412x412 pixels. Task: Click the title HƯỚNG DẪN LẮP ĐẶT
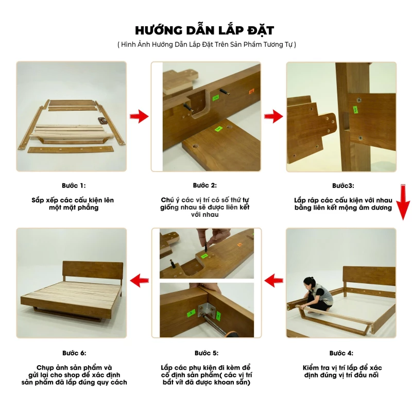[204, 30]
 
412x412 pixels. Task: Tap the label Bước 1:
[74, 186]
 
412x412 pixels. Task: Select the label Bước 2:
[205, 185]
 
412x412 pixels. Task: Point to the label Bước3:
[343, 186]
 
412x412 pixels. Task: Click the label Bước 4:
[341, 353]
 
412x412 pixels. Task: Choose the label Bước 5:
[207, 353]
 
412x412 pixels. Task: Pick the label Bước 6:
[74, 353]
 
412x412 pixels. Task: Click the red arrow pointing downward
[403, 202]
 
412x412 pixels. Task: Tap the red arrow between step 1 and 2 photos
[139, 116]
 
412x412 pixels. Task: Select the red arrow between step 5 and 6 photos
[139, 281]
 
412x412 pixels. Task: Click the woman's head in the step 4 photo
[310, 283]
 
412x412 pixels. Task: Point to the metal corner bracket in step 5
[207, 311]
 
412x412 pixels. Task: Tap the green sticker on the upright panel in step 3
[355, 110]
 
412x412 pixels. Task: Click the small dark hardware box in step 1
[102, 121]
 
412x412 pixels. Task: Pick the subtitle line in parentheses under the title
[207, 44]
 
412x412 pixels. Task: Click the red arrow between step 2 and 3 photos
[273, 116]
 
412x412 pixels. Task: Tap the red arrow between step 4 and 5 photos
[274, 281]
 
